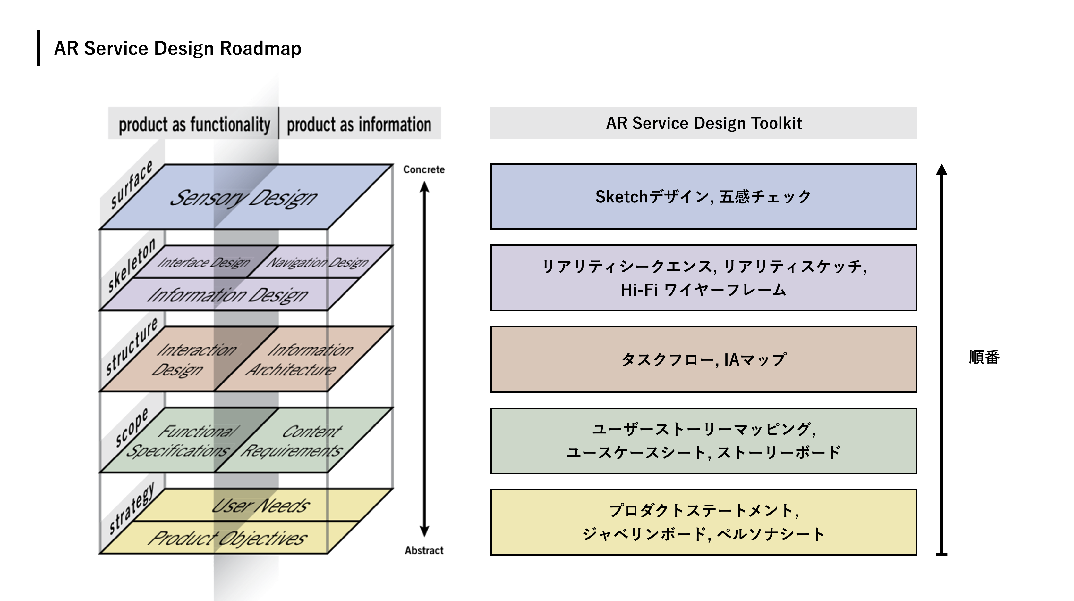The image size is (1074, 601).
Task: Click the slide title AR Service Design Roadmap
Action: pyautogui.click(x=178, y=48)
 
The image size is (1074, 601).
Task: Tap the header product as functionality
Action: pyautogui.click(x=194, y=125)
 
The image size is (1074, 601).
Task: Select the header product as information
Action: pyautogui.click(x=359, y=125)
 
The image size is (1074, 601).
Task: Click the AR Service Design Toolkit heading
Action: pyautogui.click(x=703, y=123)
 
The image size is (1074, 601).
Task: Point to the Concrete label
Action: pyautogui.click(x=423, y=169)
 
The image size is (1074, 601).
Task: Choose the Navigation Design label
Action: pyautogui.click(x=318, y=262)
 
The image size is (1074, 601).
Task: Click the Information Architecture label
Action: pyautogui.click(x=300, y=359)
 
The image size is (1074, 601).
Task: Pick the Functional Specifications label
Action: pyautogui.click(x=183, y=440)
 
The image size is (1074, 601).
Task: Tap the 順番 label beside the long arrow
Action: pyautogui.click(x=984, y=357)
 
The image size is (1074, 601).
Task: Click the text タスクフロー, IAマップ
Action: pyautogui.click(x=703, y=359)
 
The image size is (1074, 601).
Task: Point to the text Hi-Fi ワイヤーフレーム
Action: pyautogui.click(x=703, y=290)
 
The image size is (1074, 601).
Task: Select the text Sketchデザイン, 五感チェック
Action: pyautogui.click(x=703, y=197)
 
